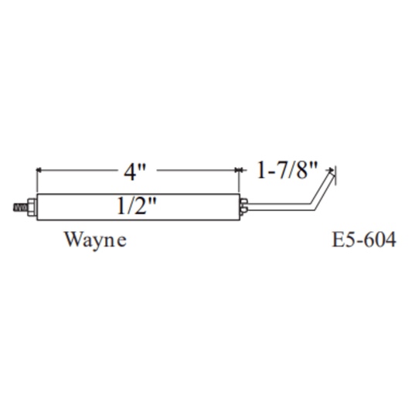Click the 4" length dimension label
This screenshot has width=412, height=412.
pos(134,172)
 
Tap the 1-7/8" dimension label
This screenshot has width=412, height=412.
pos(287,170)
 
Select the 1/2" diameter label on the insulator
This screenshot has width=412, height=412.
pos(136,206)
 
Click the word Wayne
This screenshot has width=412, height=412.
pos(96,240)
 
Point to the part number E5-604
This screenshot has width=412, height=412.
pos(364,240)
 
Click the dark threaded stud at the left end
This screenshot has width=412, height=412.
pos(20,208)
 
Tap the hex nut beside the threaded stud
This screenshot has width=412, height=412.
pos(32,207)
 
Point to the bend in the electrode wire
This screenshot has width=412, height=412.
pos(313,206)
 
